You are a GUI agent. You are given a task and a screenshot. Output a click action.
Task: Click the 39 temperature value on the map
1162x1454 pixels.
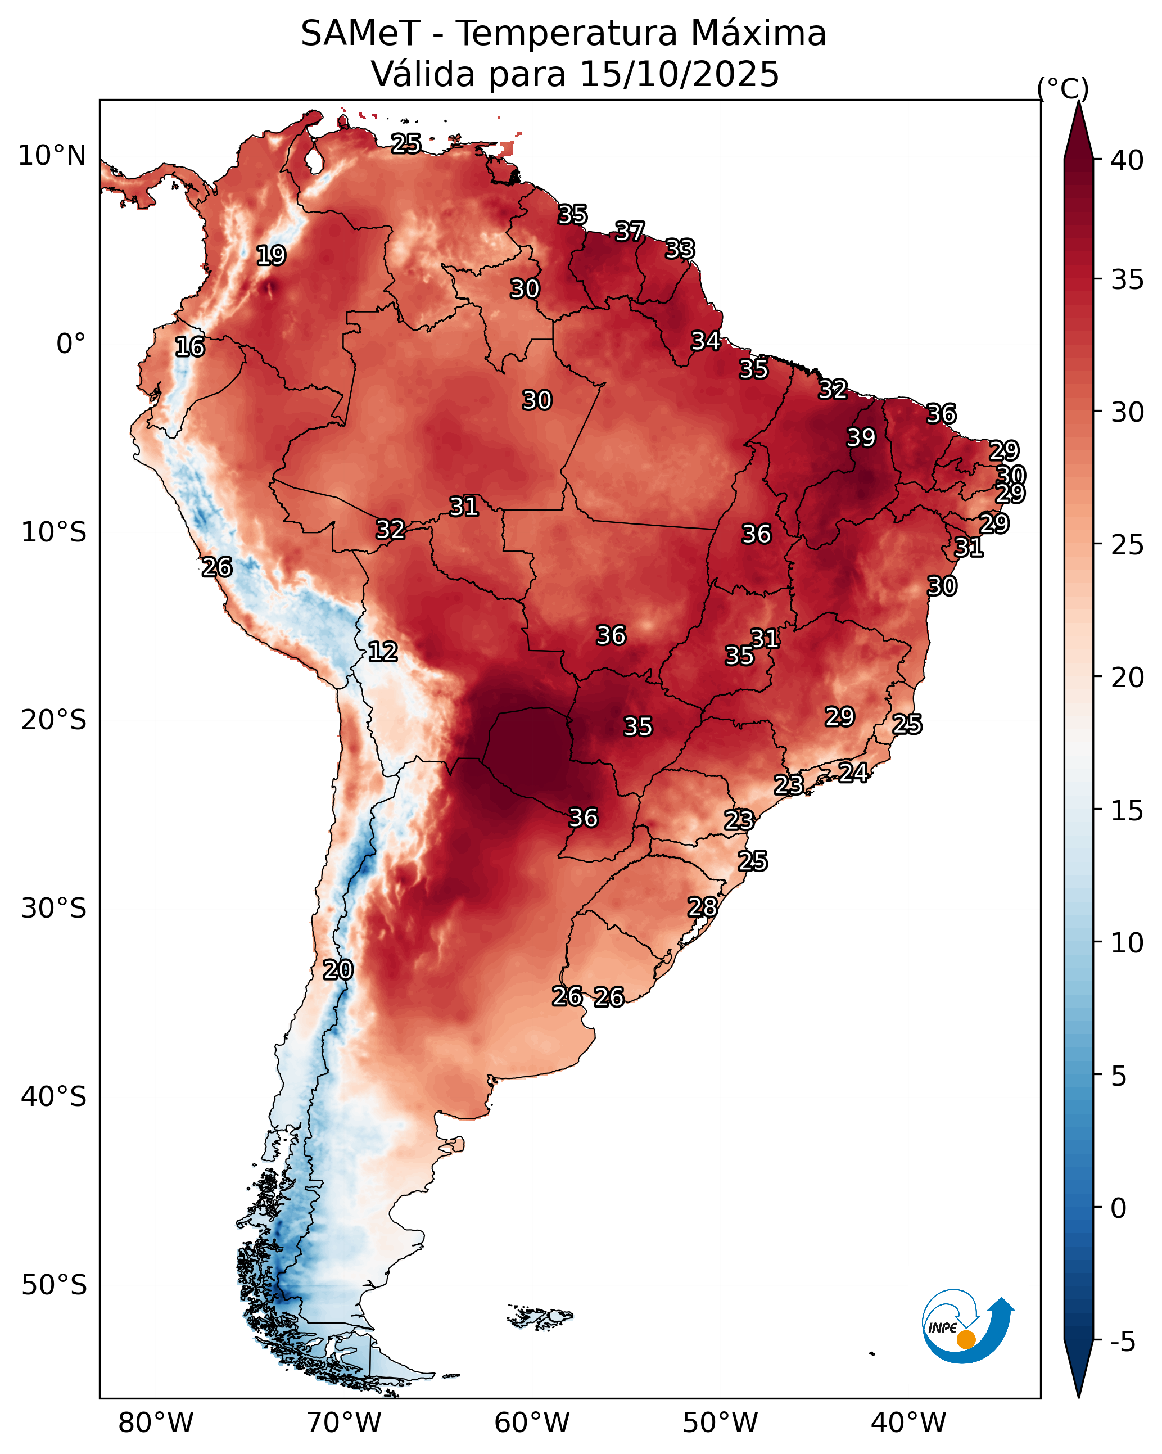[861, 437]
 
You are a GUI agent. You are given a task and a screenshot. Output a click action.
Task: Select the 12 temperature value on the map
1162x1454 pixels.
[382, 652]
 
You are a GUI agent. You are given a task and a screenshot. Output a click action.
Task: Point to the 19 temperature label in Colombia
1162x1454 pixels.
[271, 256]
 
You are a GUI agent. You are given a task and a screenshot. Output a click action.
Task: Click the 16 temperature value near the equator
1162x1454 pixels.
[189, 347]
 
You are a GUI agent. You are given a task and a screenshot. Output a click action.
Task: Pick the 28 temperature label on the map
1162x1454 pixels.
[702, 907]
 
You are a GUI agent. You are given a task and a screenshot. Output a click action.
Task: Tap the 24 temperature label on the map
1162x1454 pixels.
[853, 772]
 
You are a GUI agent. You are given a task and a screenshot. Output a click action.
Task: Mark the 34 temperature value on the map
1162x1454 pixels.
[706, 341]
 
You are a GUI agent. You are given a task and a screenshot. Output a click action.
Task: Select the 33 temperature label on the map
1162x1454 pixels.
[680, 249]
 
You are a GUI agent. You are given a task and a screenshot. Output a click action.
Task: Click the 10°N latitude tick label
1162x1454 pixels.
[52, 156]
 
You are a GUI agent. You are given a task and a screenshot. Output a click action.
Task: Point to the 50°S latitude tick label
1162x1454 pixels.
[54, 1285]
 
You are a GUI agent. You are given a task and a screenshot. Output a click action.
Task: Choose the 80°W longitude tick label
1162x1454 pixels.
[156, 1423]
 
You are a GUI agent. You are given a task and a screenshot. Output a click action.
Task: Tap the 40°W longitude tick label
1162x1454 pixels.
[908, 1423]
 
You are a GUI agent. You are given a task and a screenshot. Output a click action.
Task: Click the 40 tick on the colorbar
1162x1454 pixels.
[1127, 160]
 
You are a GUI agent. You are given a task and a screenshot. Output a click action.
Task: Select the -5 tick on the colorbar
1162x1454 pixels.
[1123, 1342]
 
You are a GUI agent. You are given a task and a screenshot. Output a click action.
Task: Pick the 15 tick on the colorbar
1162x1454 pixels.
[1127, 811]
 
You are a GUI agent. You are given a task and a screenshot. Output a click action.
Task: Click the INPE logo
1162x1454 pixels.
[966, 1326]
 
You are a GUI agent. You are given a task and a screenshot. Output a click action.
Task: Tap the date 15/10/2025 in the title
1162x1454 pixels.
[679, 74]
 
